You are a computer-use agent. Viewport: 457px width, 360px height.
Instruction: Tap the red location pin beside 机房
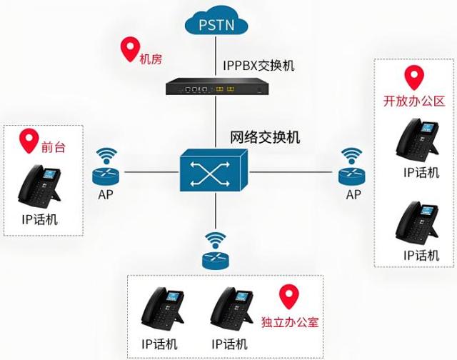click(x=129, y=49)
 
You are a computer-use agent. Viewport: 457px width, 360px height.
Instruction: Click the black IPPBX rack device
click(x=214, y=88)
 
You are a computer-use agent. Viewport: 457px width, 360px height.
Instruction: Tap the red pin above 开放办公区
click(x=413, y=76)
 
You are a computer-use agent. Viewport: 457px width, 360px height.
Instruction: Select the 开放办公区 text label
click(x=414, y=101)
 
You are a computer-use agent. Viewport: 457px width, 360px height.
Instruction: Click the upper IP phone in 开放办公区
click(x=418, y=140)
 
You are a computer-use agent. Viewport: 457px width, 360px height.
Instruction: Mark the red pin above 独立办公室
click(x=288, y=294)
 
